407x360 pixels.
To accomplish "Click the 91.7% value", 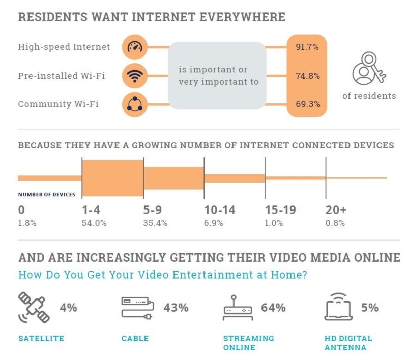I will coord(307,47).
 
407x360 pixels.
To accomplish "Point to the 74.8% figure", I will coord(307,76).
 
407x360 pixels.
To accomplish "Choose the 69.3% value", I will coord(307,104).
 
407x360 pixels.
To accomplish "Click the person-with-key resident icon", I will coord(368,69).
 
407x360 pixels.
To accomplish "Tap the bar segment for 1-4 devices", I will coord(113,178).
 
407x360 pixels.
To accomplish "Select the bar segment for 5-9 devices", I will coord(174,178).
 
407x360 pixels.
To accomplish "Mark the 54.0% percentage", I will coord(94,223).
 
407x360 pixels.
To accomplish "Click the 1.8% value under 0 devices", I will coord(27,223).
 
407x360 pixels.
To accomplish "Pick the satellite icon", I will coord(35,308).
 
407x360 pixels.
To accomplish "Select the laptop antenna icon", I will coord(339,308).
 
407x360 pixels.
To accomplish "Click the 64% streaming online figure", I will coord(273,308).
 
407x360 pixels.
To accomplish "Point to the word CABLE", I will coord(135,338).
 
